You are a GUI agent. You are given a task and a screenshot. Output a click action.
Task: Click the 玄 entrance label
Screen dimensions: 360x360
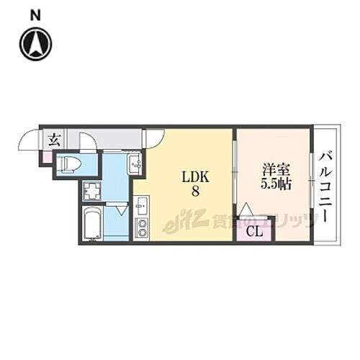point(54,140)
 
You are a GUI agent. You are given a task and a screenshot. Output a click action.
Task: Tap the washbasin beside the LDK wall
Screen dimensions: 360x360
point(136,166)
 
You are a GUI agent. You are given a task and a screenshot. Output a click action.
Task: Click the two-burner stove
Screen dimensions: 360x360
point(140,230)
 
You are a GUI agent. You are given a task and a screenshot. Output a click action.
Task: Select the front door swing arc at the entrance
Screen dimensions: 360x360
point(29,140)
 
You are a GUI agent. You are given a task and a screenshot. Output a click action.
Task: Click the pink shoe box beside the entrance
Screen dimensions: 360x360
point(45,155)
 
